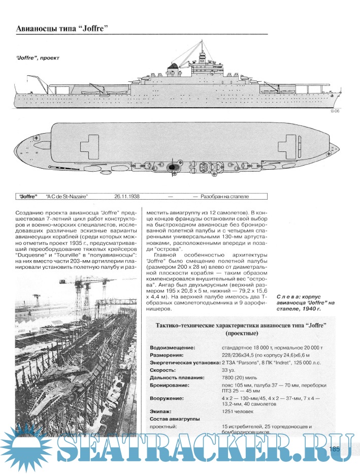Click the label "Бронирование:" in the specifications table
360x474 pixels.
tap(171, 386)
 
